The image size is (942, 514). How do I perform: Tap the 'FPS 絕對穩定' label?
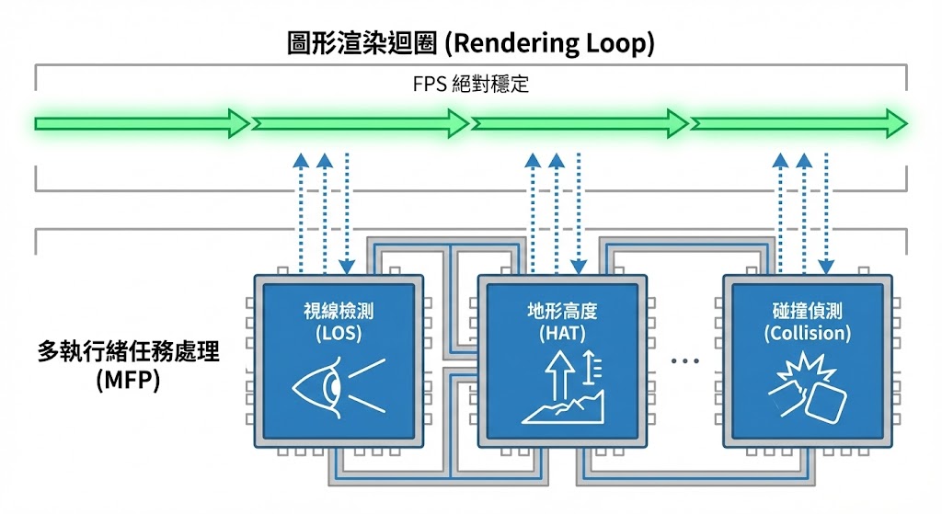pyautogui.click(x=471, y=85)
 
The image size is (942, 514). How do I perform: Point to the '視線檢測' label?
pyautogui.click(x=339, y=311)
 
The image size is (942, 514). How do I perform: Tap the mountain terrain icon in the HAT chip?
pyautogui.click(x=563, y=405)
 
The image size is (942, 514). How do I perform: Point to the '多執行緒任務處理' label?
pyautogui.click(x=128, y=352)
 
